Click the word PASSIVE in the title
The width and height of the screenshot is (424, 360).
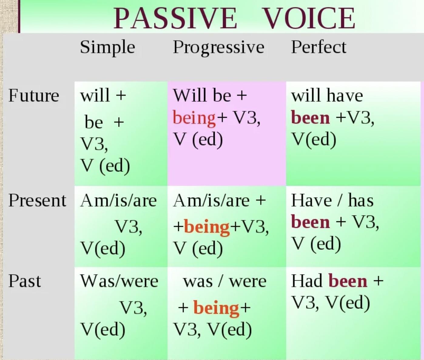[x=175, y=18]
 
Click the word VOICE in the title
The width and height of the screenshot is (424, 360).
[x=309, y=18]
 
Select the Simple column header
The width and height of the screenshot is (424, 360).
[x=107, y=48]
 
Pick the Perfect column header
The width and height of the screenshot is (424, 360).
[x=319, y=47]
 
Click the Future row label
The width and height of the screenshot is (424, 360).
[x=34, y=95]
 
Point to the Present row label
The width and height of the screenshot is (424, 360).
[x=37, y=200]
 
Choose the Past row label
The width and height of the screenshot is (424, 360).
[x=24, y=281]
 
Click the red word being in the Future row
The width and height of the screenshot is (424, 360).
[x=194, y=118]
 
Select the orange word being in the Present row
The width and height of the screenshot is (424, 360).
[x=207, y=227]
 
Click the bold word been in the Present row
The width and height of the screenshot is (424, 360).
[x=310, y=222]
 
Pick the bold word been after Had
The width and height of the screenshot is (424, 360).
[x=348, y=281]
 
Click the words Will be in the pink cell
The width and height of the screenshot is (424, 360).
[x=202, y=95]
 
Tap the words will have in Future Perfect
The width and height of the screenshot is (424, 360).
[x=327, y=95]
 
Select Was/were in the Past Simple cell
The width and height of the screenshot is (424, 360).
[x=119, y=281]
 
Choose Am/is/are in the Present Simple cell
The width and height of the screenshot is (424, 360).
[x=118, y=201]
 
